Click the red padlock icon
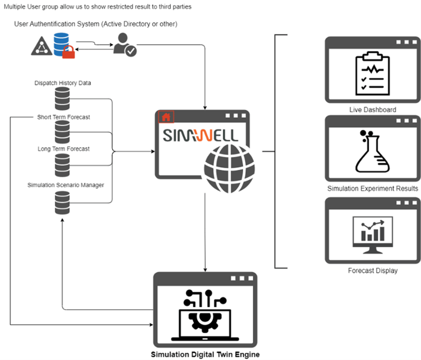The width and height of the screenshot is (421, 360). [x=68, y=52]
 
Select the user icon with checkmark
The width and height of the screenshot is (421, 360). [x=124, y=44]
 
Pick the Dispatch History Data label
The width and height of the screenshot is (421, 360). [x=62, y=83]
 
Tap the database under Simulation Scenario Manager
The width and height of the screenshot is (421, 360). [x=62, y=202]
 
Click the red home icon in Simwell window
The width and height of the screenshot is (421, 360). [x=166, y=117]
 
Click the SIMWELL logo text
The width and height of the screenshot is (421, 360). [x=201, y=135]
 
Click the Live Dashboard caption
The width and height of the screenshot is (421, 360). [x=373, y=110]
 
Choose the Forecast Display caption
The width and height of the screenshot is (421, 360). [x=373, y=271]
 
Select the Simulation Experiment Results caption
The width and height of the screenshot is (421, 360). [x=373, y=188]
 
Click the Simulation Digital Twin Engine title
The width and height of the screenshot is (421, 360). [x=205, y=354]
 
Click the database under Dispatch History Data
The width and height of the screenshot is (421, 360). [x=62, y=99]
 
